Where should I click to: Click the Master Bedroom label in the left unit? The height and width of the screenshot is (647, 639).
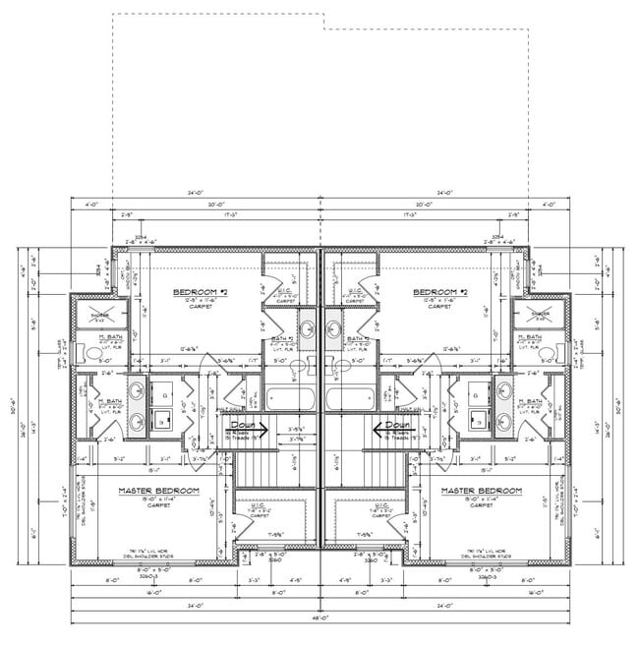pyautogui.click(x=158, y=490)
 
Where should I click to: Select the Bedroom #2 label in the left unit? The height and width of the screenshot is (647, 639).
pyautogui.click(x=201, y=292)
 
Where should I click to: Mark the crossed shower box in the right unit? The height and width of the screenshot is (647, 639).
pyautogui.click(x=540, y=316)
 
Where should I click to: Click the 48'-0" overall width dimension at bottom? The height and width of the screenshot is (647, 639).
pyautogui.click(x=319, y=618)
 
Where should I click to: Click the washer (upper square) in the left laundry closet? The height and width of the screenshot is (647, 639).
pyautogui.click(x=164, y=391)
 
